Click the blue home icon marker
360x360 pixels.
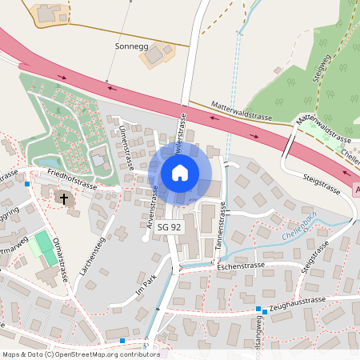180,172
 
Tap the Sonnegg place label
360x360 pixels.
133,47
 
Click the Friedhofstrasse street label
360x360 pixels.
72,178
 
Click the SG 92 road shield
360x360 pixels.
169,228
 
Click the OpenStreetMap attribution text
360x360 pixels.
80,354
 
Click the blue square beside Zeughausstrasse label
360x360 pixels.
258,310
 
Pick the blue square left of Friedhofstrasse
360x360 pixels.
27,184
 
